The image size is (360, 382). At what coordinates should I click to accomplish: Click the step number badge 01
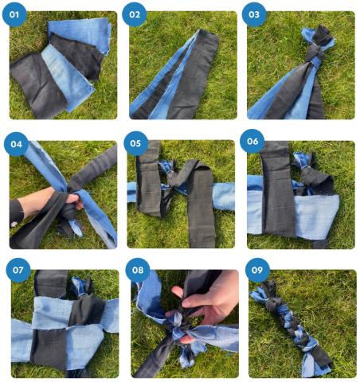tap(14, 14)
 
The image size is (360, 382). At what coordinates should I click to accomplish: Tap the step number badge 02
tap(135, 14)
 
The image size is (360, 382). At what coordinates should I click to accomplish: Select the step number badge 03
tap(254, 14)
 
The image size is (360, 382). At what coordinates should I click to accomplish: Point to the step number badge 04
tap(17, 144)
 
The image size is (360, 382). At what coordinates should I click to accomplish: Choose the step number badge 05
tap(135, 143)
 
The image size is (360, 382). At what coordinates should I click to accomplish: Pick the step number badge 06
tap(252, 141)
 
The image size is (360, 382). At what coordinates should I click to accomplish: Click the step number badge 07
tap(18, 270)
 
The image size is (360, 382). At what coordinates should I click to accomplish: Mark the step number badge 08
tap(138, 270)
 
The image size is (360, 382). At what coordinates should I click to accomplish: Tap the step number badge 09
tap(257, 270)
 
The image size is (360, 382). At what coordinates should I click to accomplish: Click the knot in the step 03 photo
tap(315, 57)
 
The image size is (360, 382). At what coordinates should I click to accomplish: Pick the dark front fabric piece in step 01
tap(37, 85)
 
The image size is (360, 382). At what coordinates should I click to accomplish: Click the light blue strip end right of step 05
tap(224, 196)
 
